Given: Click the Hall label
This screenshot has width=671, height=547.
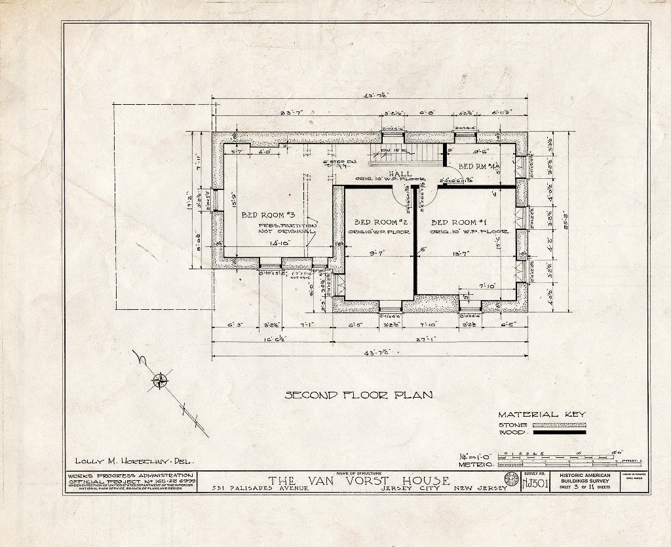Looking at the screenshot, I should click(x=400, y=174).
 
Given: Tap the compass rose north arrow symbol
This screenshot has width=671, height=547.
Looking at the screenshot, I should click(x=159, y=380).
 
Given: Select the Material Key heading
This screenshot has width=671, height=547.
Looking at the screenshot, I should click(x=541, y=414).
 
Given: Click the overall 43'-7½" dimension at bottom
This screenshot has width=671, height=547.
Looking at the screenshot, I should click(x=374, y=351).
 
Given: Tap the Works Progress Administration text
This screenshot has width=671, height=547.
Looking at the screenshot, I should click(x=130, y=476).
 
